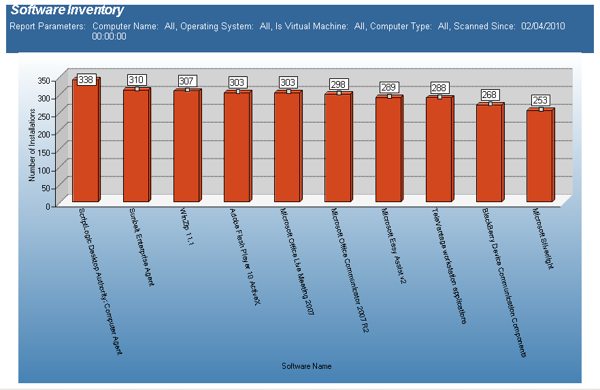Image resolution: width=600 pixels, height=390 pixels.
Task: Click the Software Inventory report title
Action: point(67,10)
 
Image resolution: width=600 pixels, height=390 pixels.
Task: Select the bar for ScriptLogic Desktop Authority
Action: point(85,143)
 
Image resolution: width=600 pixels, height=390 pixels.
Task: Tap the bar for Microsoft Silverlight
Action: point(539,157)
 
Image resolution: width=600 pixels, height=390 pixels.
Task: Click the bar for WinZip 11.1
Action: point(186,146)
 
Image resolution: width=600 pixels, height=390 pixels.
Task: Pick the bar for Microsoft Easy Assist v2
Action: point(388,150)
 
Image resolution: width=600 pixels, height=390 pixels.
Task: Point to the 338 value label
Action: point(86,80)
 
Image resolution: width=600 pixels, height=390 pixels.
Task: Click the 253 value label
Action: point(540,101)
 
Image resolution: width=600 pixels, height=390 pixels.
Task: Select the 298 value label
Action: point(338,84)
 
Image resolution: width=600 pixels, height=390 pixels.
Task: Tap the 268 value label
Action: point(490,95)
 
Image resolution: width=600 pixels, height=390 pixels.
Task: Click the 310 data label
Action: point(136,80)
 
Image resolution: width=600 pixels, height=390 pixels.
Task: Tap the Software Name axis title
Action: point(306,366)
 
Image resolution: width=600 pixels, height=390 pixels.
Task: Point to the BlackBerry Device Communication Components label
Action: point(503,282)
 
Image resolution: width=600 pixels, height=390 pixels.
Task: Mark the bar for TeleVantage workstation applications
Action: point(439,150)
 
